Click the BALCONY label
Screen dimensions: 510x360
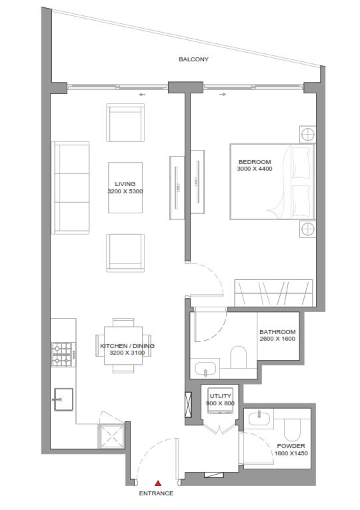click(193, 59)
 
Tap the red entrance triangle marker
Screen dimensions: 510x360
click(157, 483)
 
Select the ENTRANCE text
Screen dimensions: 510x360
click(156, 494)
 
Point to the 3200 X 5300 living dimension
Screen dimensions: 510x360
click(125, 192)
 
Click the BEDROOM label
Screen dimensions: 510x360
click(255, 162)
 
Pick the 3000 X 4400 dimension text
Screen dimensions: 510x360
click(255, 169)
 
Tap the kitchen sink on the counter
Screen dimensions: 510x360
click(62, 400)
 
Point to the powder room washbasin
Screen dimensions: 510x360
click(259, 417)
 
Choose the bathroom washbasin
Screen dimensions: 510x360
click(205, 368)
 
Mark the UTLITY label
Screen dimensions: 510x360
click(219, 396)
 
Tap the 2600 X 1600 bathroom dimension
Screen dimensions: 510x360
click(277, 339)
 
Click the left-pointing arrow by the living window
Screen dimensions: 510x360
click(142, 95)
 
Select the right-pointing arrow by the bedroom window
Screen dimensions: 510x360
click(223, 95)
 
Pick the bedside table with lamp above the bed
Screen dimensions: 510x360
click(307, 134)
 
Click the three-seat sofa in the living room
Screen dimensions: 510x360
click(71, 187)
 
